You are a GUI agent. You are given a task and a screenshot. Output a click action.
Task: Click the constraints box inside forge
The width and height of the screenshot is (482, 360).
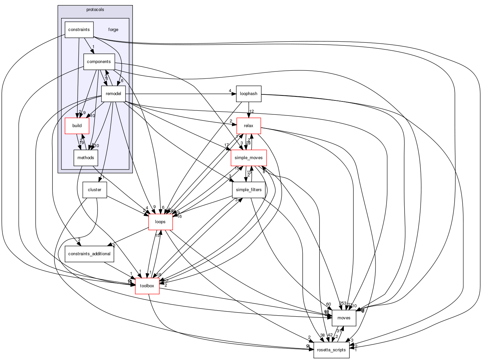79,30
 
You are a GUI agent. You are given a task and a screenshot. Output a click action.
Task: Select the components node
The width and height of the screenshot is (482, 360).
99,62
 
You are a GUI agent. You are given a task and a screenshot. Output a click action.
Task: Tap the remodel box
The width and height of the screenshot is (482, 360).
113,94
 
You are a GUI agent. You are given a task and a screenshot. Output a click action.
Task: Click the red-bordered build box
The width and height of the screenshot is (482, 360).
77,126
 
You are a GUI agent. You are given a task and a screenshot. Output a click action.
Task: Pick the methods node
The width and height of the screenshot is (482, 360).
86,158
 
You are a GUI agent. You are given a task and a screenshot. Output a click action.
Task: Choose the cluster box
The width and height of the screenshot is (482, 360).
94,190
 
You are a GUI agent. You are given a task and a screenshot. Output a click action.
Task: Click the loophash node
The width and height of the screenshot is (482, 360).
249,94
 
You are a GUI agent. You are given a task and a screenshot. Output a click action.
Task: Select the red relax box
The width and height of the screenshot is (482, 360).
249,126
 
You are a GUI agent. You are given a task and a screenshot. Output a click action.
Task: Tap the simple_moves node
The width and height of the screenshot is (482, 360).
249,158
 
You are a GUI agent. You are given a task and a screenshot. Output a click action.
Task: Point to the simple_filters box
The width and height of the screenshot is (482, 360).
249,190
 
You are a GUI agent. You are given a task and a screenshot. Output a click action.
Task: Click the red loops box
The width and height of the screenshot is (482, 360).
161,222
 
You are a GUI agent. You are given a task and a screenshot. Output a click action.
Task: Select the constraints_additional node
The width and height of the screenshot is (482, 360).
89,254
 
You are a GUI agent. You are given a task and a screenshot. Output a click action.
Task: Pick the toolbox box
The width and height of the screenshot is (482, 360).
147,286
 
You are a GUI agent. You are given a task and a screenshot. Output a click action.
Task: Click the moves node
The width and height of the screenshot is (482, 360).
344,318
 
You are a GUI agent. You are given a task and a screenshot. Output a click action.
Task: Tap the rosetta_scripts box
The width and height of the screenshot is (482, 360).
331,350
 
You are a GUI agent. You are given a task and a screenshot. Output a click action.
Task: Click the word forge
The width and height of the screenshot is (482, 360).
113,30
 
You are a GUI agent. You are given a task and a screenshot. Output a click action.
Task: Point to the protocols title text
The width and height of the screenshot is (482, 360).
95,10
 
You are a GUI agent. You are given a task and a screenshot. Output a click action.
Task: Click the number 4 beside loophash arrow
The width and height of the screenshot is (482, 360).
230,91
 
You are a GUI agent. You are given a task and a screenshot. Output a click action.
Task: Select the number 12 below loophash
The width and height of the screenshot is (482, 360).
252,111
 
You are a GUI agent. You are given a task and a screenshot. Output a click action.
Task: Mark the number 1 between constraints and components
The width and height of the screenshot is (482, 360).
93,47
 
